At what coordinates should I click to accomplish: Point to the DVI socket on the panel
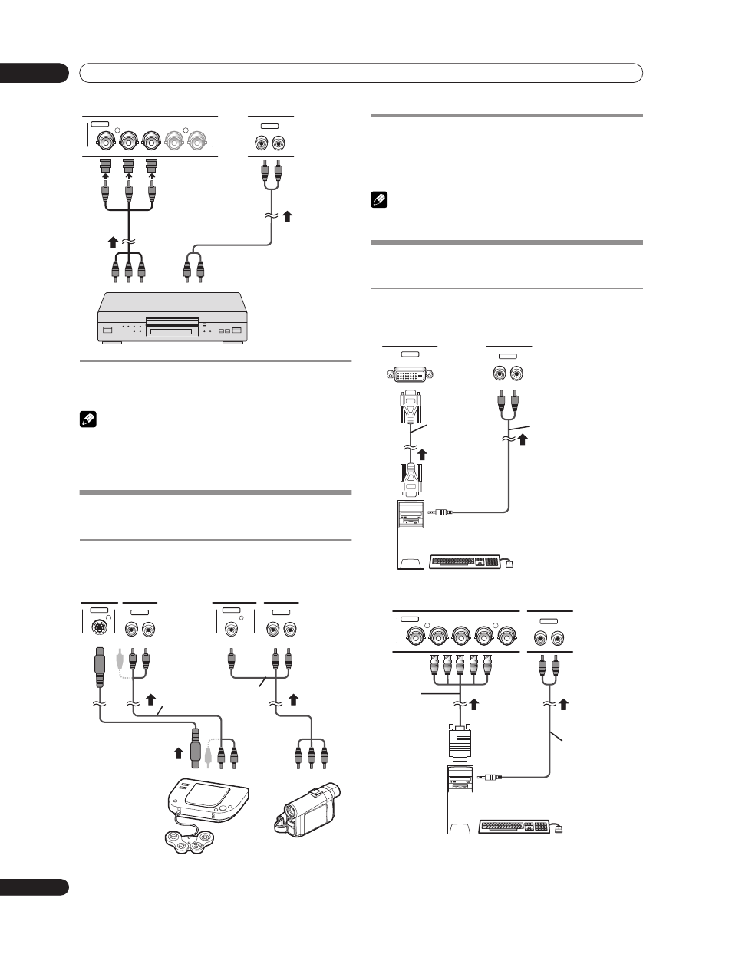pyautogui.click(x=410, y=374)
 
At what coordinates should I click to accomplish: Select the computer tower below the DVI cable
pyautogui.click(x=411, y=535)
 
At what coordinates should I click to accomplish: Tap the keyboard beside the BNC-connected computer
pyautogui.click(x=515, y=827)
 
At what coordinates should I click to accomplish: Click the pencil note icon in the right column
pyautogui.click(x=377, y=201)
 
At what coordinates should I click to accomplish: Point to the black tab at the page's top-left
pyautogui.click(x=34, y=73)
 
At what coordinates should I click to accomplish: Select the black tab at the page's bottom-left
pyautogui.click(x=34, y=887)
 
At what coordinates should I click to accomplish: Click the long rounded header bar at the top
pyautogui.click(x=361, y=73)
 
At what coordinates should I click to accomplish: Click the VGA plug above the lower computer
pyautogui.click(x=459, y=739)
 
